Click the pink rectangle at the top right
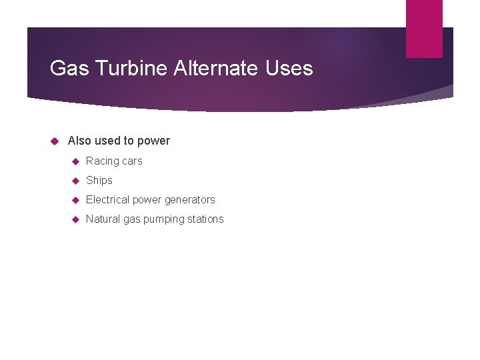(424, 29)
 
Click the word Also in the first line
(79, 141)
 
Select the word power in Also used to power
(155, 141)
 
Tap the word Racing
(102, 161)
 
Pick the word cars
(132, 161)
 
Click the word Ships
(99, 181)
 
